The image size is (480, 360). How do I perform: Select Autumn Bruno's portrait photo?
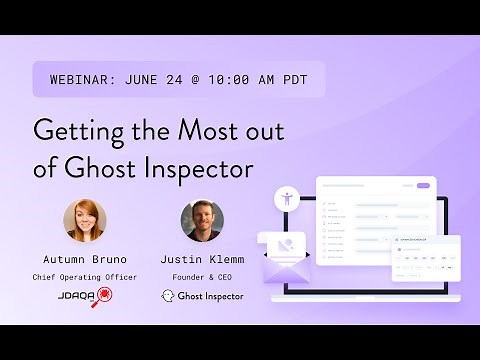[x=85, y=221]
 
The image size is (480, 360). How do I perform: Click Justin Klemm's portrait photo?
[x=202, y=221]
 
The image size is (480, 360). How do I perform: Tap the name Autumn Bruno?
[x=86, y=258]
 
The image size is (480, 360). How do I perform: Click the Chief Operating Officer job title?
[x=86, y=277]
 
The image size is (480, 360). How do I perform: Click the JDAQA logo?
[x=86, y=296]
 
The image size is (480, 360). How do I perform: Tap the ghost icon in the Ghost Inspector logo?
[x=168, y=296]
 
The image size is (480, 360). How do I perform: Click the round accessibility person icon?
[x=288, y=197]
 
